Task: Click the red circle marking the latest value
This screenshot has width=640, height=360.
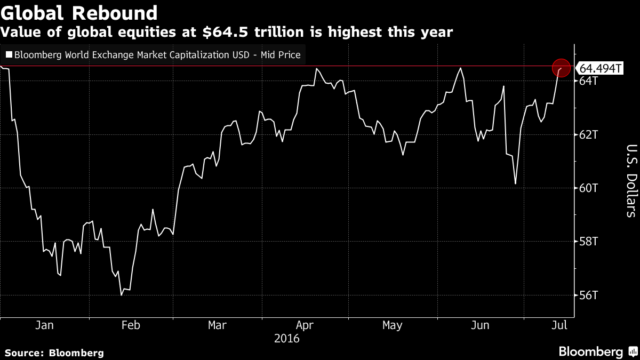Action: (x=561, y=68)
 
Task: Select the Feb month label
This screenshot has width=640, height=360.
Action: (x=131, y=325)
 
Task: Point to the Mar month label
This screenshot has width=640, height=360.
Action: (x=217, y=325)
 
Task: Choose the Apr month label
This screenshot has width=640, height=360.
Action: (x=305, y=325)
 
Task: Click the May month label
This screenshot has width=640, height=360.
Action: (x=392, y=325)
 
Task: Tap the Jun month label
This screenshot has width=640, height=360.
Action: (x=480, y=325)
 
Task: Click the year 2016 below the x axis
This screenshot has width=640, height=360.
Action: (x=286, y=338)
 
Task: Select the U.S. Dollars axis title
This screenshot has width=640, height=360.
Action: (x=631, y=181)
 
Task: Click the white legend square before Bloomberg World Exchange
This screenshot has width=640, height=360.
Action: (x=9, y=54)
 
